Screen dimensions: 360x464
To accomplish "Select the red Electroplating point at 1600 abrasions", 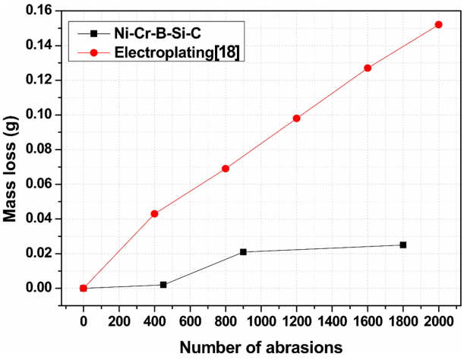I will [x=368, y=68].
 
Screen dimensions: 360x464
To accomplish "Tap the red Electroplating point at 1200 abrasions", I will [x=296, y=118].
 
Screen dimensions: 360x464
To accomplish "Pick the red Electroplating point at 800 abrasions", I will [x=226, y=169].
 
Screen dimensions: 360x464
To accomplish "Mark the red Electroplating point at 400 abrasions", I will [x=155, y=213].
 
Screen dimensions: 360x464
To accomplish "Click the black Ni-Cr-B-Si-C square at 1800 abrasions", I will [x=402, y=245].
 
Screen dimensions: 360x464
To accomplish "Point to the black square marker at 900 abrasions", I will [x=243, y=251].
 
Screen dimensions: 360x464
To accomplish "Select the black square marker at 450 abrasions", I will [x=163, y=285].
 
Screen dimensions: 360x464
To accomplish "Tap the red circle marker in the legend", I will [x=93, y=53].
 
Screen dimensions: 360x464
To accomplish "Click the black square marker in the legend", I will [x=93, y=33].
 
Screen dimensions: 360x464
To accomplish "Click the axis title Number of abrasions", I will [x=260, y=346].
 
